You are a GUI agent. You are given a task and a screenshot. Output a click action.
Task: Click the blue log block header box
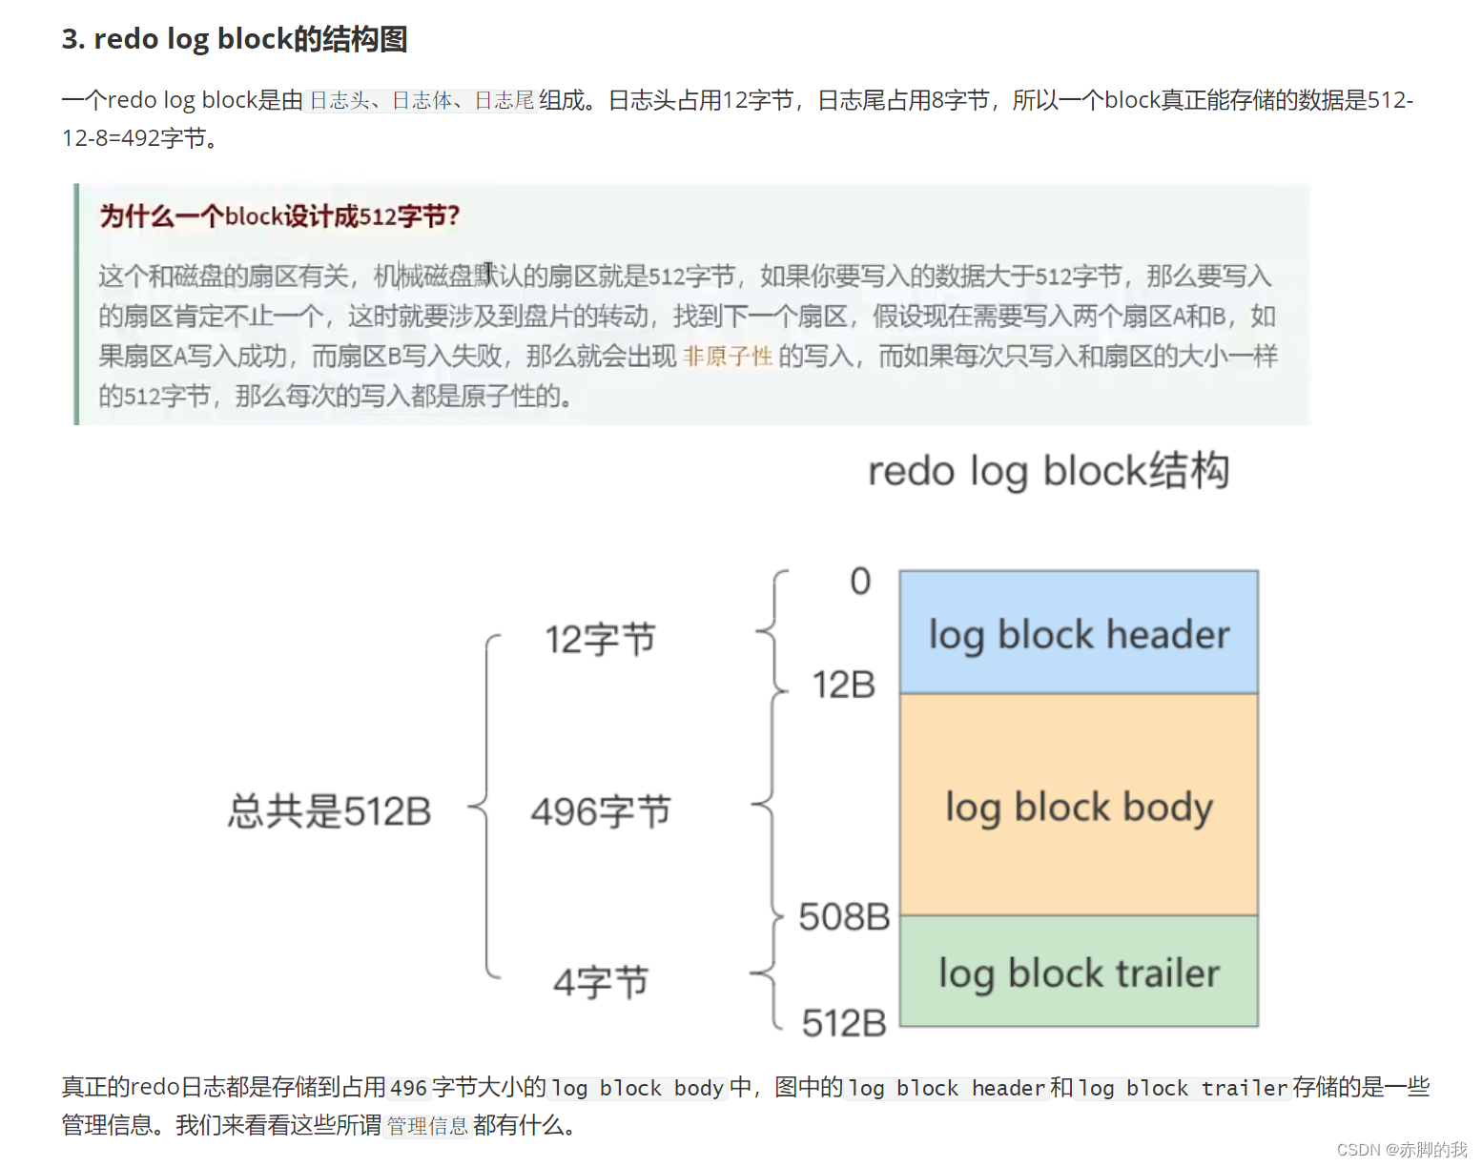[x=1079, y=632]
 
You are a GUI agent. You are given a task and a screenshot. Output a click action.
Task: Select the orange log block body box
[x=1079, y=805]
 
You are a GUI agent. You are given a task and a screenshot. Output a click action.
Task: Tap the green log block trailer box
[x=1079, y=972]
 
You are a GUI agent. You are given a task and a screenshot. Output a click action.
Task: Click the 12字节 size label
[x=600, y=639]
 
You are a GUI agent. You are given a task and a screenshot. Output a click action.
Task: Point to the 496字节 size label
[x=600, y=811]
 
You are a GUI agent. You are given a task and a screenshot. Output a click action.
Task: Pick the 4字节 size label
[x=600, y=981]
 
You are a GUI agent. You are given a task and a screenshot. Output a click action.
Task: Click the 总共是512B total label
[x=329, y=811]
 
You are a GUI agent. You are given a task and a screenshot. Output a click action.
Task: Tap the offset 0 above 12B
[x=860, y=581]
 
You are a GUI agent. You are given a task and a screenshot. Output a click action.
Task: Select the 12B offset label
[x=843, y=685]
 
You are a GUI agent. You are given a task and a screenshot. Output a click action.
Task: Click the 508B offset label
[x=844, y=917]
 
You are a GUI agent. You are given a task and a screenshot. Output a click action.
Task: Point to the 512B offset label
[x=844, y=1023]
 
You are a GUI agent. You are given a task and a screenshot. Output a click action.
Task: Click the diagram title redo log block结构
[x=1048, y=471]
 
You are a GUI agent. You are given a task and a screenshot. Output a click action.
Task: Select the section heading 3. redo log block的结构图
[x=235, y=39]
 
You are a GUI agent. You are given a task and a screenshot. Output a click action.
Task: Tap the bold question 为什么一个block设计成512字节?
[x=279, y=216]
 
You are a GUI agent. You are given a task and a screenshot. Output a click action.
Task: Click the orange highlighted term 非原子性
[x=728, y=357]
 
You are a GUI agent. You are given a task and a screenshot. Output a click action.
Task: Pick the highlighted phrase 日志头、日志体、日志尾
[x=422, y=100]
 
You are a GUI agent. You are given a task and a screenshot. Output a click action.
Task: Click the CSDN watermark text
[x=1401, y=1149]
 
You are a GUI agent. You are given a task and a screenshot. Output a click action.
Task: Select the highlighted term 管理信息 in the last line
[x=427, y=1126]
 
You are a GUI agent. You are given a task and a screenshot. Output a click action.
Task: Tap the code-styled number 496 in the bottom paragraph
[x=408, y=1088]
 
